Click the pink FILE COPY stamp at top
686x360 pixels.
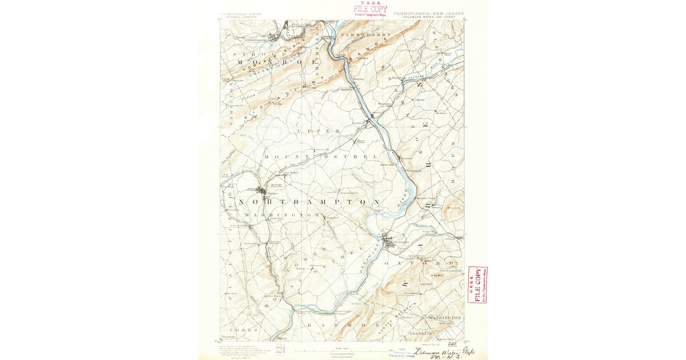click(370, 10)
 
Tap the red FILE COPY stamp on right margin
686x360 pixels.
click(477, 284)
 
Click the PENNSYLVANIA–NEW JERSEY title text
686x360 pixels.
click(429, 13)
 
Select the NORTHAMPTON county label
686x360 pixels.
click(309, 202)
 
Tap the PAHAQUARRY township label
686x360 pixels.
click(365, 35)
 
